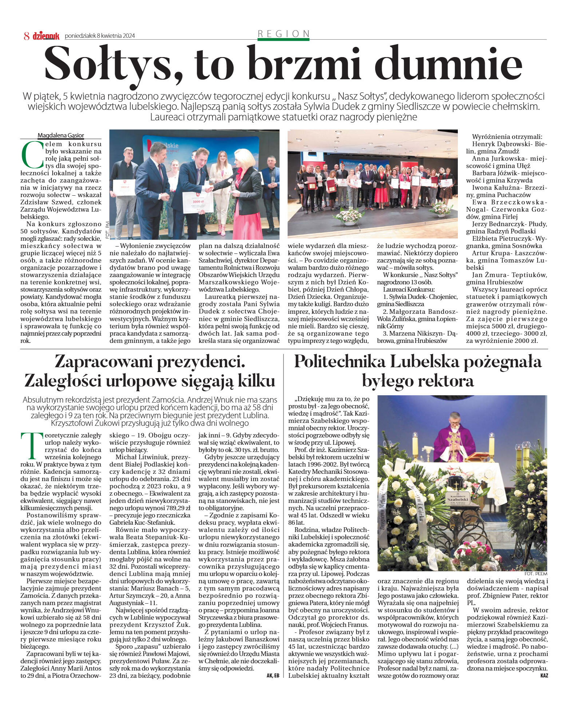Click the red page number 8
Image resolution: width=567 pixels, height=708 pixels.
[27, 36]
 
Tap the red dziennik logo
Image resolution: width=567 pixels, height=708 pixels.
[46, 36]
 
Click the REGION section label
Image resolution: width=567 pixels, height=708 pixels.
[283, 34]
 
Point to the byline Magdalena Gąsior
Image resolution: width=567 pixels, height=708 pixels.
[61, 135]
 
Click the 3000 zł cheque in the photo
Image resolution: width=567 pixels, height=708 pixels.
[197, 201]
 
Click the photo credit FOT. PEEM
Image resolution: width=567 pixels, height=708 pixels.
[536, 573]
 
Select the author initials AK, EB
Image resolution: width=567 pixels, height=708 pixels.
[273, 675]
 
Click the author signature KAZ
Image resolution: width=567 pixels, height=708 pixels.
[544, 675]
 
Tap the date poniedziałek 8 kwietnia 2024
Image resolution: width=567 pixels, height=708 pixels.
[100, 36]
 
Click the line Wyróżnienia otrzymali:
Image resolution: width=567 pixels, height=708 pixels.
[507, 137]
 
